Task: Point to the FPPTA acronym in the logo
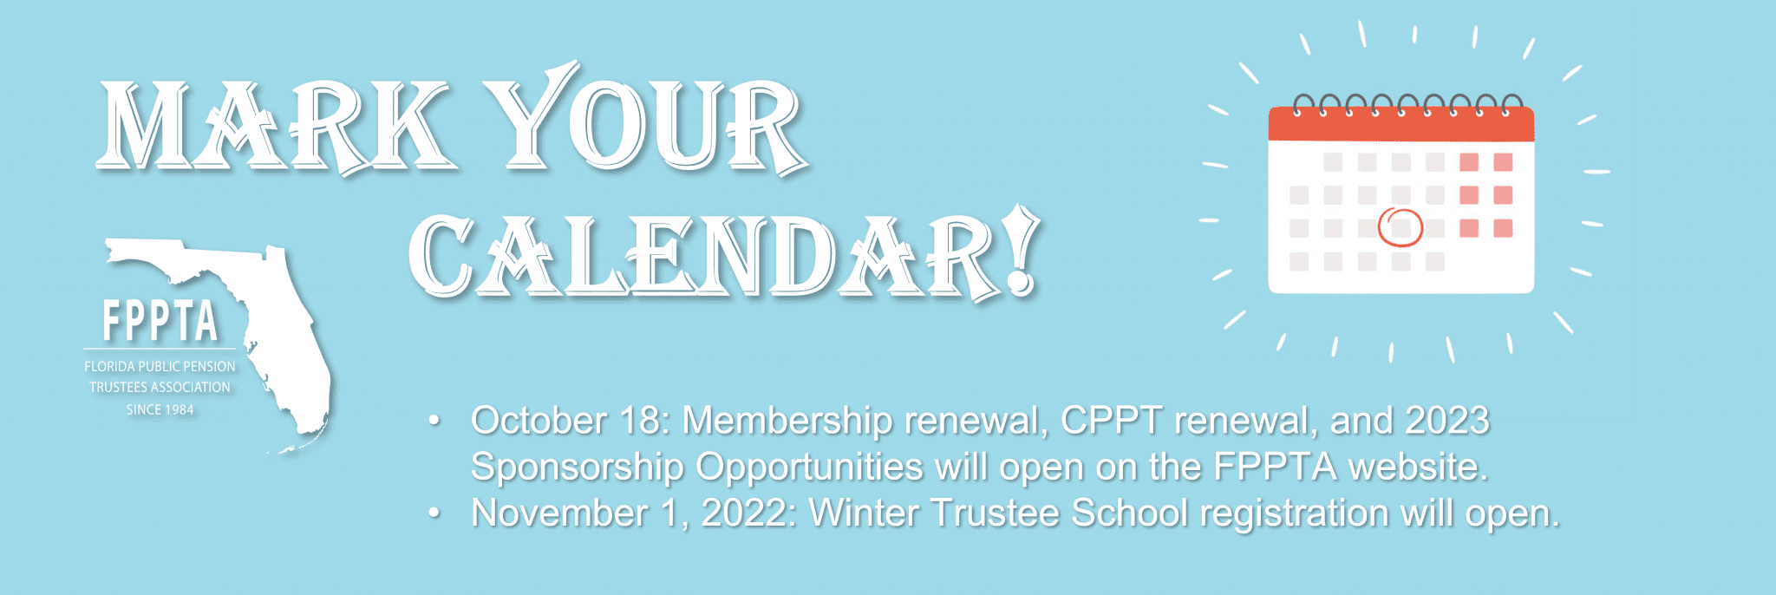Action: coord(160,322)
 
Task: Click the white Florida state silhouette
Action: coord(260,338)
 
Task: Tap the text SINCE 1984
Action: coord(160,409)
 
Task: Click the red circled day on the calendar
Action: coord(1401,227)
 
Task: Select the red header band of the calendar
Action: coord(1401,124)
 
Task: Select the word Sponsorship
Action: coord(578,467)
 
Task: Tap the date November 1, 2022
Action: coord(634,513)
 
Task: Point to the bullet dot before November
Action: coord(434,513)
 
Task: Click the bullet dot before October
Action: coord(434,422)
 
